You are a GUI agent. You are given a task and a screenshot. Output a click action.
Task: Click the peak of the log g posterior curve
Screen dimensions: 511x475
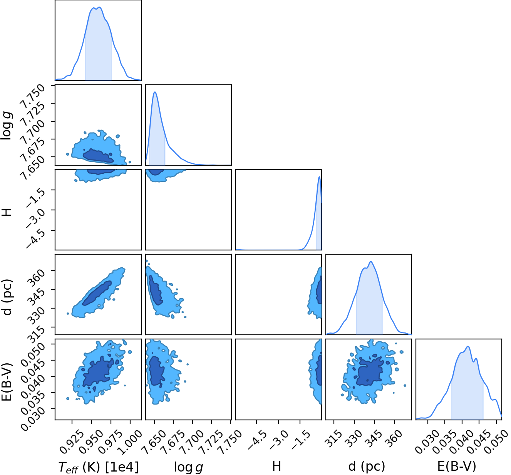point(155,92)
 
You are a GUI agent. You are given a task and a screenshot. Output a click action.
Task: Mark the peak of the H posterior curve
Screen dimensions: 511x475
point(319,176)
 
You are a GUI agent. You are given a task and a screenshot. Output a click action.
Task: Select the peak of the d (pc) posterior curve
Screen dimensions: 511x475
point(371,262)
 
